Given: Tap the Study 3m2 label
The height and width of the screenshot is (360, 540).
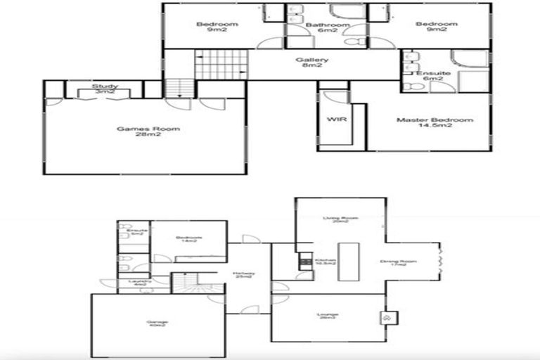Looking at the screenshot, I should tap(105, 89).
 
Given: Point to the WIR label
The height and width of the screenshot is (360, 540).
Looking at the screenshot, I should tap(335, 120).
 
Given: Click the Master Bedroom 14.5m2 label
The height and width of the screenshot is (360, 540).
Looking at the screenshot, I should tap(435, 123).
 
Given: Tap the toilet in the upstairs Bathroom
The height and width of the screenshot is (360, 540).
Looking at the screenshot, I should tap(359, 43).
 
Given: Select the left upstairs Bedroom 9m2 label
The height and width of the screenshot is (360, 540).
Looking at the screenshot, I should tap(217, 27).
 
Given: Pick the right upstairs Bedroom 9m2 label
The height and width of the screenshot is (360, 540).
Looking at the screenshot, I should tap(436, 27).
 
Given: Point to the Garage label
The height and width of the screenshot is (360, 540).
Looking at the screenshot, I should tap(156, 324).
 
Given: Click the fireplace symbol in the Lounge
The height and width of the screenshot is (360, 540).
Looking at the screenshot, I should tap(385, 317).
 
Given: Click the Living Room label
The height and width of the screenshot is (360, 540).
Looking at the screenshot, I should tap(340, 221).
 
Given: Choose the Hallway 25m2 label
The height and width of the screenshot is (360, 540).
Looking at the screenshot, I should tap(244, 276).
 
